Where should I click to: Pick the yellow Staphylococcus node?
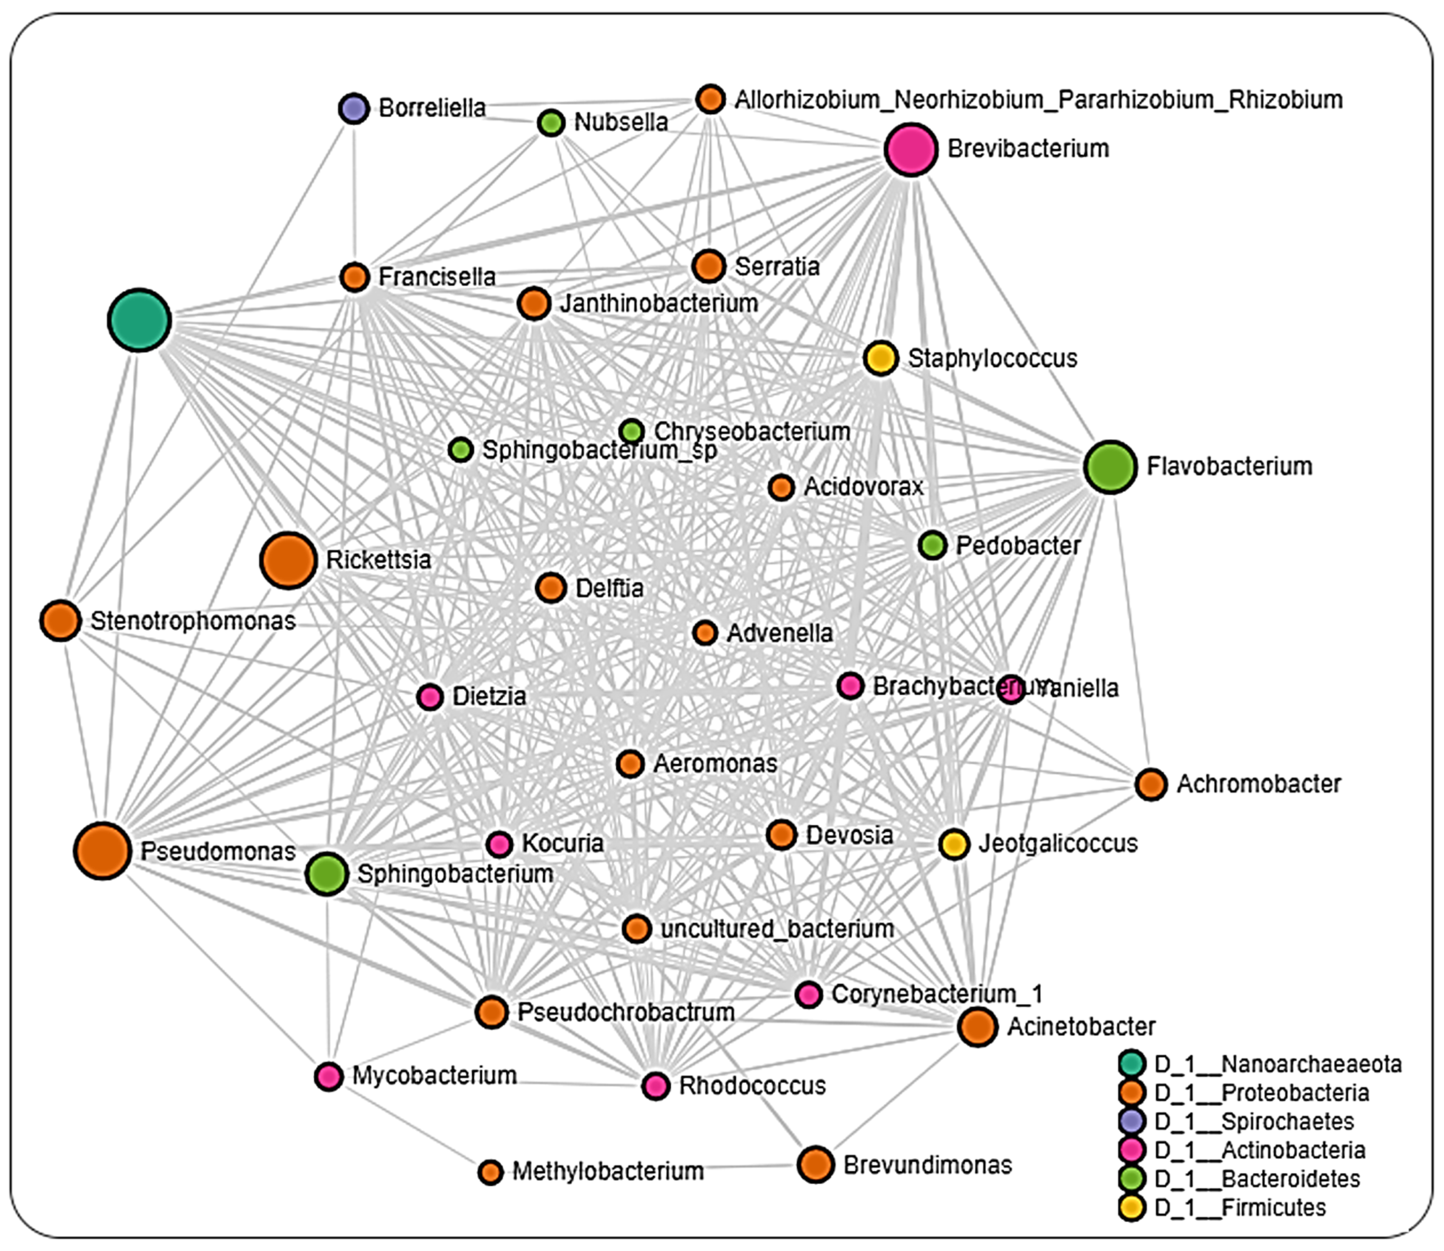coord(880,358)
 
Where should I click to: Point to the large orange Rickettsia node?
coord(288,560)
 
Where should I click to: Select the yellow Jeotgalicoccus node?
coord(954,844)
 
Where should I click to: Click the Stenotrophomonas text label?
coord(193,621)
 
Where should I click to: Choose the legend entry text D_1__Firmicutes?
coord(1239,1207)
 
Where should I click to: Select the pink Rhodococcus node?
coord(655,1086)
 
